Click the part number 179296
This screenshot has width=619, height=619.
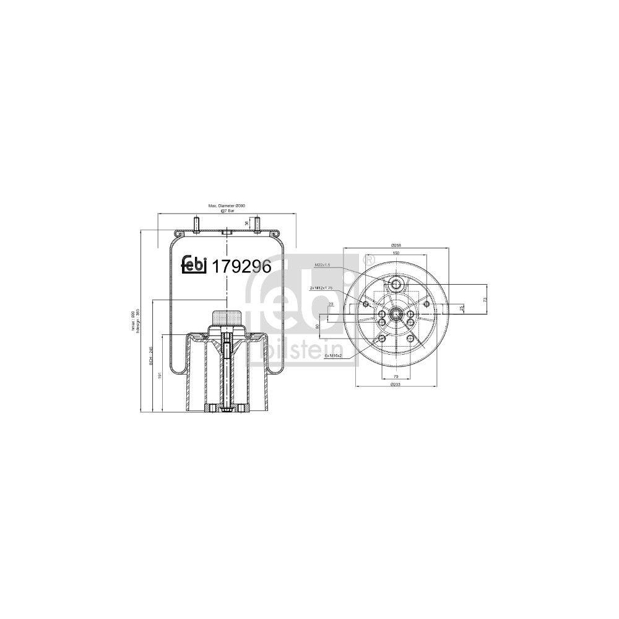coord(242,266)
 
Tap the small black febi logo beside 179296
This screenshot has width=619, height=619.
coord(193,265)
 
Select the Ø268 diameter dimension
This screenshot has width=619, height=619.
coord(396,246)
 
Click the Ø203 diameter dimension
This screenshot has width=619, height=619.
coord(396,386)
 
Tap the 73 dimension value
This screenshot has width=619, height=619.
coord(484,300)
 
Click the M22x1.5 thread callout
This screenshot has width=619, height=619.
coord(323,265)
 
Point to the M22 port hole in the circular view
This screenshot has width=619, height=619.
coord(396,285)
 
